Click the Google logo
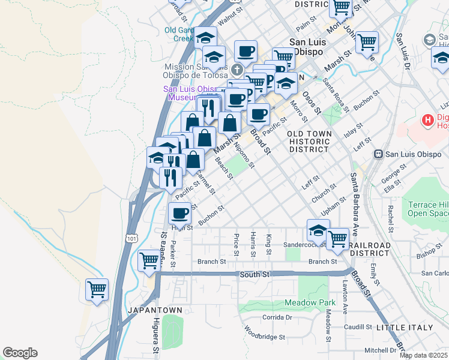pyautogui.click(x=20, y=353)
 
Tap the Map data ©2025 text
pyautogui.click(x=424, y=355)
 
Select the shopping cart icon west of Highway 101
pyautogui.click(x=96, y=290)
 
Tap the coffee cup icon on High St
pyautogui.click(x=179, y=213)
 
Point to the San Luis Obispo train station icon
pyautogui.click(x=378, y=154)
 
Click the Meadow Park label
pyautogui.click(x=310, y=302)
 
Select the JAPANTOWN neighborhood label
pyautogui.click(x=150, y=310)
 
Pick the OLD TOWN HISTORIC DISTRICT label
pyautogui.click(x=308, y=141)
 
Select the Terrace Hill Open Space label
pyautogui.click(x=427, y=209)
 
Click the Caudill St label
pyautogui.click(x=360, y=327)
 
